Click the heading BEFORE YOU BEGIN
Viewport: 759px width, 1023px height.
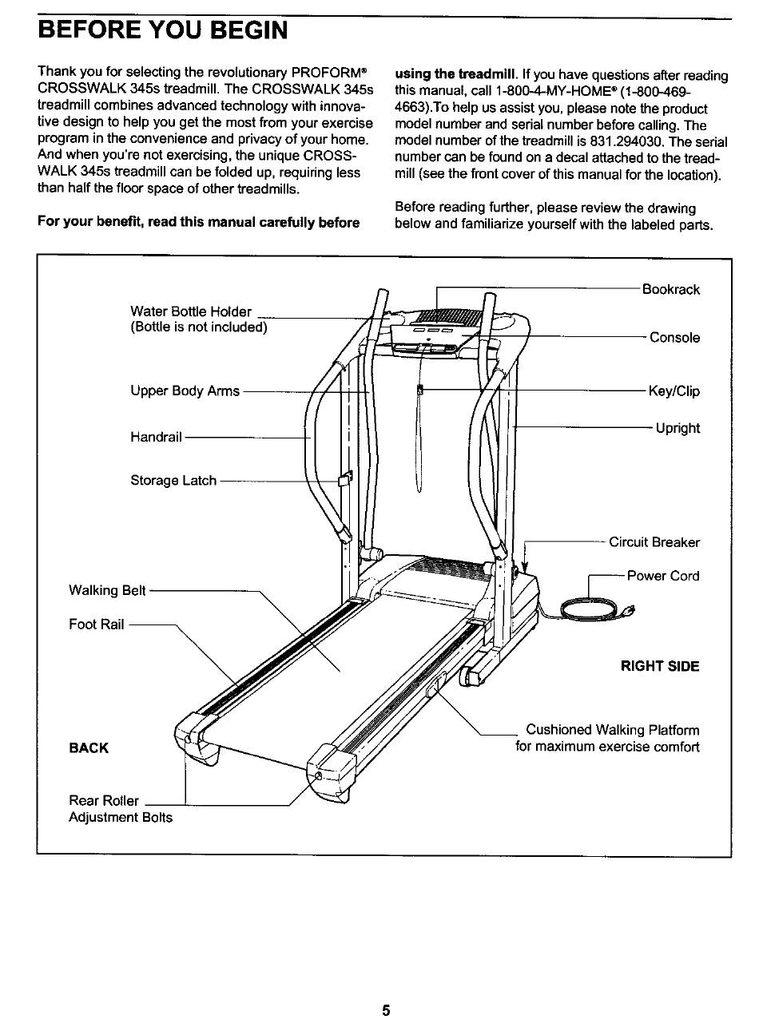tap(163, 30)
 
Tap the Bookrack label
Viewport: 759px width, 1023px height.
tap(670, 289)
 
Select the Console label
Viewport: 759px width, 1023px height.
tap(674, 338)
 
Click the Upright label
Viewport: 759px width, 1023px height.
tap(677, 428)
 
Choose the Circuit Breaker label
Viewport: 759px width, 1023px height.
tap(654, 543)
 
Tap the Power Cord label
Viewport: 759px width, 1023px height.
tap(662, 576)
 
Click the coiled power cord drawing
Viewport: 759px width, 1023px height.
tap(591, 612)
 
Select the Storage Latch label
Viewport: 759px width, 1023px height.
tap(173, 481)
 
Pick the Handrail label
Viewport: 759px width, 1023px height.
tap(156, 437)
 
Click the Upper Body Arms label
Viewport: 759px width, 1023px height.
tap(185, 391)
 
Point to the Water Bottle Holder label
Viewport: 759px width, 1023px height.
tap(191, 311)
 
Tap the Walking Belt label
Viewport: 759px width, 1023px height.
tap(108, 591)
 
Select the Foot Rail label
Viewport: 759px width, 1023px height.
tap(97, 625)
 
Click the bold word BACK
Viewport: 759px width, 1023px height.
tap(89, 748)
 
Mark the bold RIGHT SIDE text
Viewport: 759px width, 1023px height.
tap(660, 666)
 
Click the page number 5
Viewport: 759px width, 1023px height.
tap(385, 1010)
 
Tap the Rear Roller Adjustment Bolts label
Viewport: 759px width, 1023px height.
tap(120, 809)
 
